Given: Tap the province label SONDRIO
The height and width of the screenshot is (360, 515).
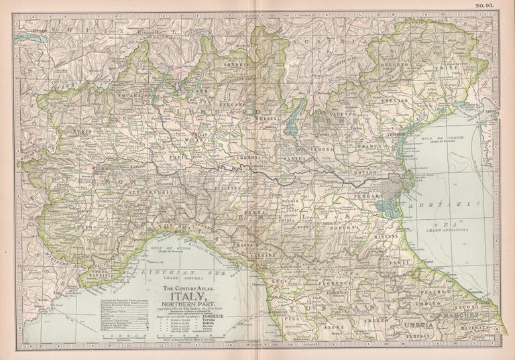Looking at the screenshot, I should [242, 64].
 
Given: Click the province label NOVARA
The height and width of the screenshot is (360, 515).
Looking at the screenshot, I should [129, 97].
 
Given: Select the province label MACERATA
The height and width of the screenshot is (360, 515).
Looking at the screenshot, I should [481, 328].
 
